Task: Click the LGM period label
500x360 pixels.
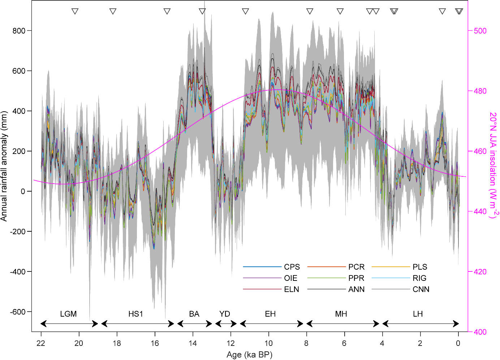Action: tap(68, 314)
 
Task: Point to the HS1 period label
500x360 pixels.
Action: tap(136, 314)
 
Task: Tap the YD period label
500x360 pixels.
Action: tap(225, 314)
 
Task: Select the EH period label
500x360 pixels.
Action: tap(270, 314)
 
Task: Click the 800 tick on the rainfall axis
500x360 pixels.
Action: tap(19, 31)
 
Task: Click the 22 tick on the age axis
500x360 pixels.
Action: tap(41, 343)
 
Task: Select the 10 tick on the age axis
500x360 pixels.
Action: tap(268, 343)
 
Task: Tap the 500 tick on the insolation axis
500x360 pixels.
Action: tap(480, 31)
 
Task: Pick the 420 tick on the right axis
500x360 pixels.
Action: tap(480, 272)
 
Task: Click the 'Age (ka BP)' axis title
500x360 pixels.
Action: tap(249, 355)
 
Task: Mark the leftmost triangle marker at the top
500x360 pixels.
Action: tap(75, 11)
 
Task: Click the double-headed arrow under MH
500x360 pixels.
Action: tap(342, 323)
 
